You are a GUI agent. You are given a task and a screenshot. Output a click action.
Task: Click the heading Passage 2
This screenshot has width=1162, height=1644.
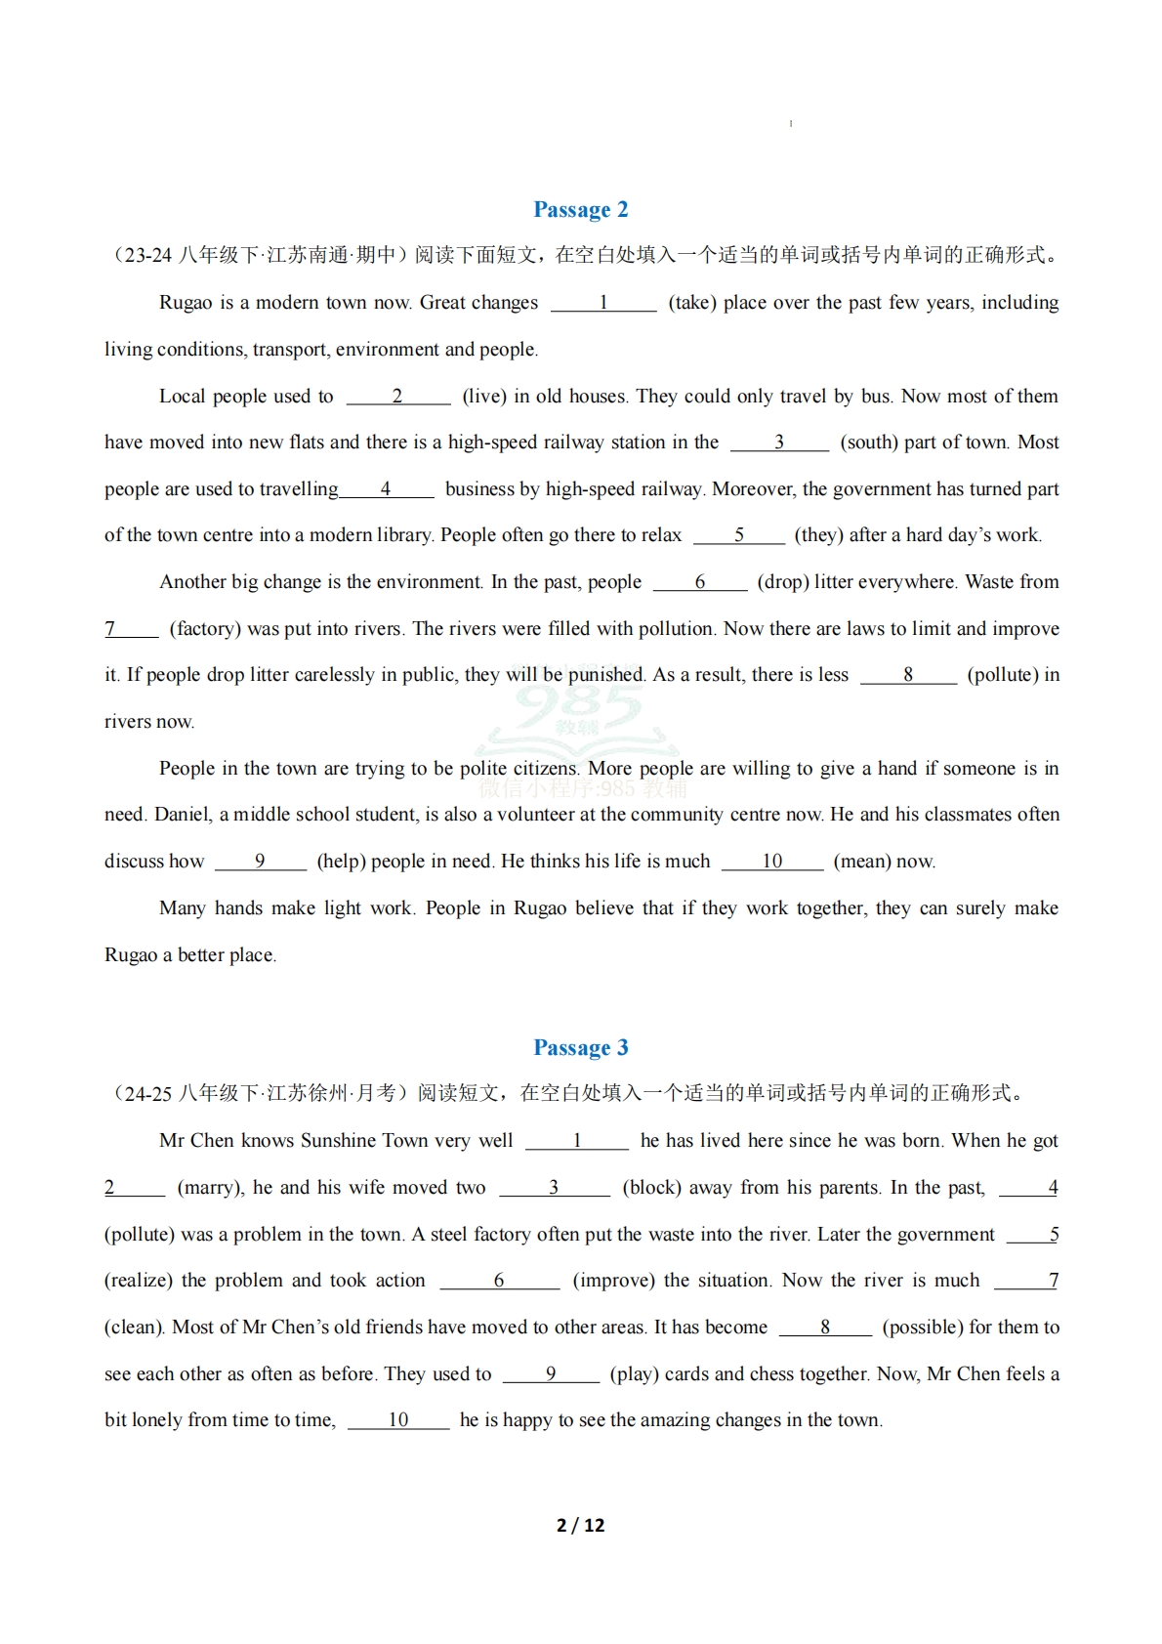(x=580, y=210)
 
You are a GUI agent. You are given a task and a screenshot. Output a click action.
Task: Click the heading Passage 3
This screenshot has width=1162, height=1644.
(x=580, y=1048)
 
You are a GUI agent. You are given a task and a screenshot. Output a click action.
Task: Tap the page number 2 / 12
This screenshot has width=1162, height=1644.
(x=580, y=1525)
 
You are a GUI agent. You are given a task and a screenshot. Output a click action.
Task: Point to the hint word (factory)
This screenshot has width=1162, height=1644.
(x=205, y=629)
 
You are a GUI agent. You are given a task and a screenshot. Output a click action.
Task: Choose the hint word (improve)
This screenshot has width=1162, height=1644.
(x=613, y=1281)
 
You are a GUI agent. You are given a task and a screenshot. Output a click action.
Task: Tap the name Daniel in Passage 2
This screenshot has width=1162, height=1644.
(x=183, y=815)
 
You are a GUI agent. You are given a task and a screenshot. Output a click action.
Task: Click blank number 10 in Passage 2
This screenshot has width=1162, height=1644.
(x=772, y=861)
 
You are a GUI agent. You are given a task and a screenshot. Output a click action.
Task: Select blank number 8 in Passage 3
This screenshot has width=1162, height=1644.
(x=825, y=1327)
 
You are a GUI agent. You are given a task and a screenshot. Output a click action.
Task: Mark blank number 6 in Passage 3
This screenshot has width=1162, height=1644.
(x=499, y=1280)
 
